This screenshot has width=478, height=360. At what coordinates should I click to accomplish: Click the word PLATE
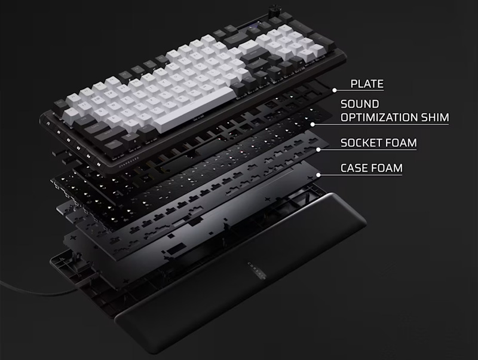tap(367, 84)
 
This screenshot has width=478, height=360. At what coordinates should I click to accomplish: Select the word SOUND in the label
tap(358, 104)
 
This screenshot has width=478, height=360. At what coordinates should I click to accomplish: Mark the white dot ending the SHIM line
tap(312, 124)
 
